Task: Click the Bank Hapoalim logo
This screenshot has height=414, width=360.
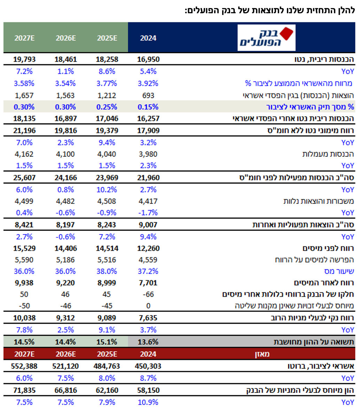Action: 266,38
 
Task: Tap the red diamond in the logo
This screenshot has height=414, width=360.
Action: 287,33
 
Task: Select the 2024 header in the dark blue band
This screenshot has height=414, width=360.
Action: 148,38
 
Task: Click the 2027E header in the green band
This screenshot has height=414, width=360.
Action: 24,38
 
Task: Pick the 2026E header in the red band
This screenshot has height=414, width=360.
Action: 66,354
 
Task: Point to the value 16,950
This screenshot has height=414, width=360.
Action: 148,59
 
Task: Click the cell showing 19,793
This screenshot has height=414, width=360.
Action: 24,59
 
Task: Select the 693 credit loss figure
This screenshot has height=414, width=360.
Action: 148,95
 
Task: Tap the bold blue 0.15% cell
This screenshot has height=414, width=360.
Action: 148,107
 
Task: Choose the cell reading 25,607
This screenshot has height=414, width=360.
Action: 24,177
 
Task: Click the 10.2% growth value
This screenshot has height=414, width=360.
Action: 107,190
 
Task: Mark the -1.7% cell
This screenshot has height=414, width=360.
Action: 148,213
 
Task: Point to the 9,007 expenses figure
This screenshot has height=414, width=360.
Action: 148,225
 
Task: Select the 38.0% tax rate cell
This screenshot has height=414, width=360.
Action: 107,271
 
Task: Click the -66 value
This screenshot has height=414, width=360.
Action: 148,294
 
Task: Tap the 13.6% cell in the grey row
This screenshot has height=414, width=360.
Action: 148,342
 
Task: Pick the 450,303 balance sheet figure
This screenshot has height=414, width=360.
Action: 148,366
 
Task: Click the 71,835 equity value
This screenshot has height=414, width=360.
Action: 24,390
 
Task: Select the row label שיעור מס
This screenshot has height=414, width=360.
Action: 339,271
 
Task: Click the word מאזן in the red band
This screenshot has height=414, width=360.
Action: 262,354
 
